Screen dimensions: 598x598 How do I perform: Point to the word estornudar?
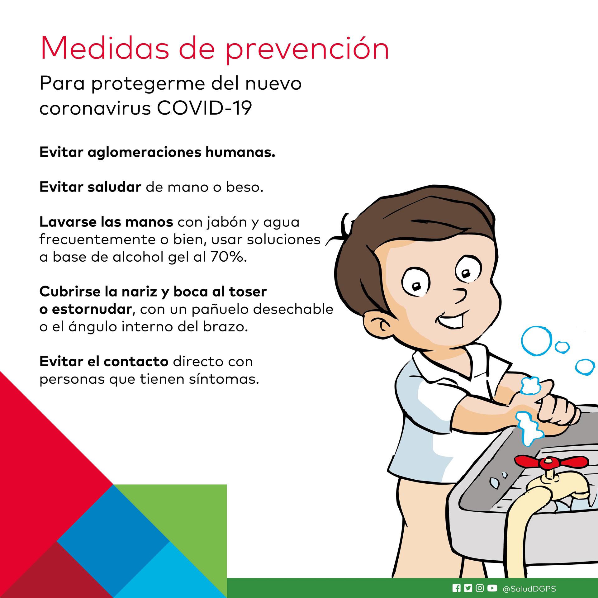pyautogui.click(x=92, y=309)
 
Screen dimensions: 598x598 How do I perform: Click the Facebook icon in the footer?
pyautogui.click(x=457, y=588)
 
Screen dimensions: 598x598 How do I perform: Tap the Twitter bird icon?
pyautogui.click(x=468, y=588)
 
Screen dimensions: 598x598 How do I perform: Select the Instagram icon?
pyautogui.click(x=480, y=588)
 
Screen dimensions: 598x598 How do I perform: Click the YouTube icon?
pyautogui.click(x=492, y=588)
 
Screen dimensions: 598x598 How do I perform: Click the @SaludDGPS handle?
pyautogui.click(x=529, y=589)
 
